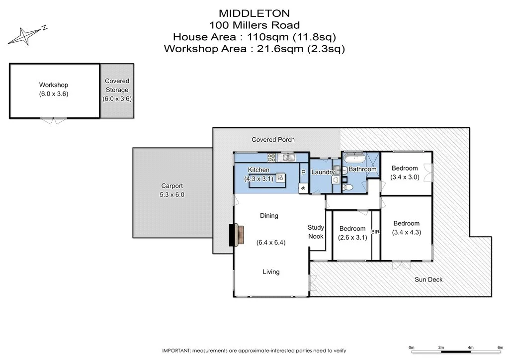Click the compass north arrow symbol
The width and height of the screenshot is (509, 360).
click(25, 35)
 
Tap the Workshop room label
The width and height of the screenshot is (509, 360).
click(54, 85)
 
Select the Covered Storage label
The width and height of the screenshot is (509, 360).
click(117, 86)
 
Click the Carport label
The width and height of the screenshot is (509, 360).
click(172, 186)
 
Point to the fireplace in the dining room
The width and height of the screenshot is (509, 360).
click(236, 235)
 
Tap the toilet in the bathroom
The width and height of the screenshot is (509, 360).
click(347, 187)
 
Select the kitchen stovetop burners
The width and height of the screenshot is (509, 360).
click(271, 158)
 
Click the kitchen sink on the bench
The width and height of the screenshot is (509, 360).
click(287, 158)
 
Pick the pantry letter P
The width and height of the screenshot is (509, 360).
click(303, 173)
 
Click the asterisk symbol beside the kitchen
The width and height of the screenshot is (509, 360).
click(303, 188)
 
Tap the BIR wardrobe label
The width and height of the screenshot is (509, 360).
click(375, 232)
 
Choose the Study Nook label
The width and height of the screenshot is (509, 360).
click(316, 232)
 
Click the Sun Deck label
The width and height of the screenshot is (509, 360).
click(428, 279)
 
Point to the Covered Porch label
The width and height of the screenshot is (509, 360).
click(273, 140)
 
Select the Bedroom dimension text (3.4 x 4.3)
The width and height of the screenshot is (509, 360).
click(407, 232)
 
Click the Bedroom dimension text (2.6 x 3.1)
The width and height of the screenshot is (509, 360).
click(352, 238)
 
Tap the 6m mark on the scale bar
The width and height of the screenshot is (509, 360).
click(500, 348)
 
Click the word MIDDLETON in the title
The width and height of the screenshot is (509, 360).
click(254, 13)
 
